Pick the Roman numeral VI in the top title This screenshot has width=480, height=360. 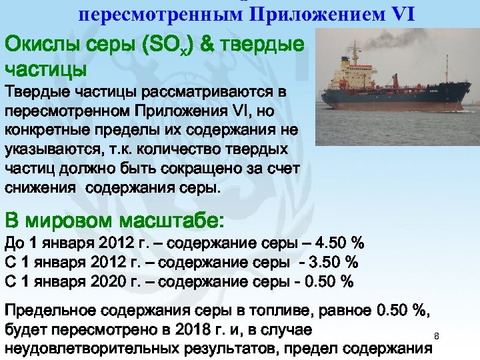point(399,14)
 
